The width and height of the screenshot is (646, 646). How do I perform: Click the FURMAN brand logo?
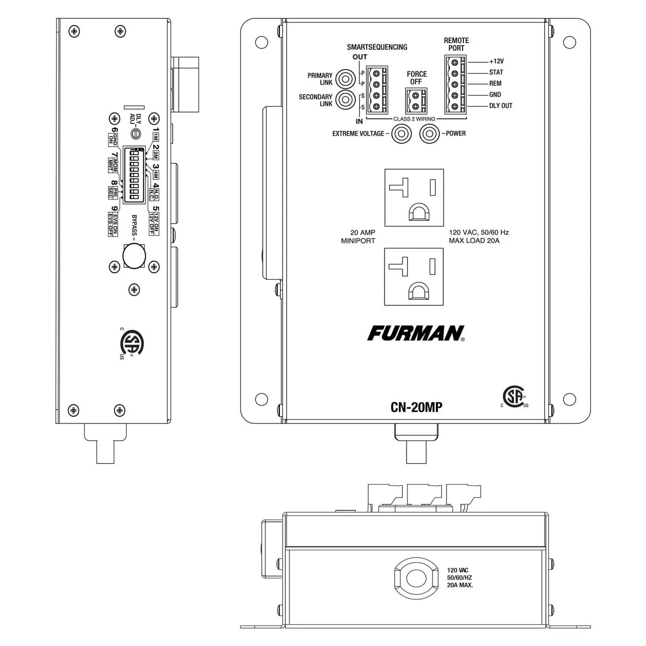(415, 333)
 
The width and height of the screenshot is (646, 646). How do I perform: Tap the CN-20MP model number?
(416, 407)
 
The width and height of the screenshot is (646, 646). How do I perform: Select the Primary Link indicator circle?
(345, 79)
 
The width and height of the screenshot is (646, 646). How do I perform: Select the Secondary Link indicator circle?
(345, 100)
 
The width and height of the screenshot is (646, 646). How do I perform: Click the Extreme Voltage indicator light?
(401, 134)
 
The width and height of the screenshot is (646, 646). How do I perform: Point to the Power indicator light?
(429, 134)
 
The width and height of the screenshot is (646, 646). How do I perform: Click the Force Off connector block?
(416, 101)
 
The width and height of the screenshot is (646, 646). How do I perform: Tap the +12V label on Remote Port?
(496, 61)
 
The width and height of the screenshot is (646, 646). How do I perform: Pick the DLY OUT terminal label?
(500, 106)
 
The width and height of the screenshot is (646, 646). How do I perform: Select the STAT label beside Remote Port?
(496, 72)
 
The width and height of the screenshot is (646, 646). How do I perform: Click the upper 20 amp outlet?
(414, 197)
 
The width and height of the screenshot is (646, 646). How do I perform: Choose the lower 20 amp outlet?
(414, 277)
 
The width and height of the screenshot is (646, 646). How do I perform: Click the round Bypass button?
(134, 256)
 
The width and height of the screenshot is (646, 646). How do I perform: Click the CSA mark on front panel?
(514, 397)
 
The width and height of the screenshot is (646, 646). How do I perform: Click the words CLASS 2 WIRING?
(414, 119)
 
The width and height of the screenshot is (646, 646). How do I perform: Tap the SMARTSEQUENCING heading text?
(377, 47)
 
